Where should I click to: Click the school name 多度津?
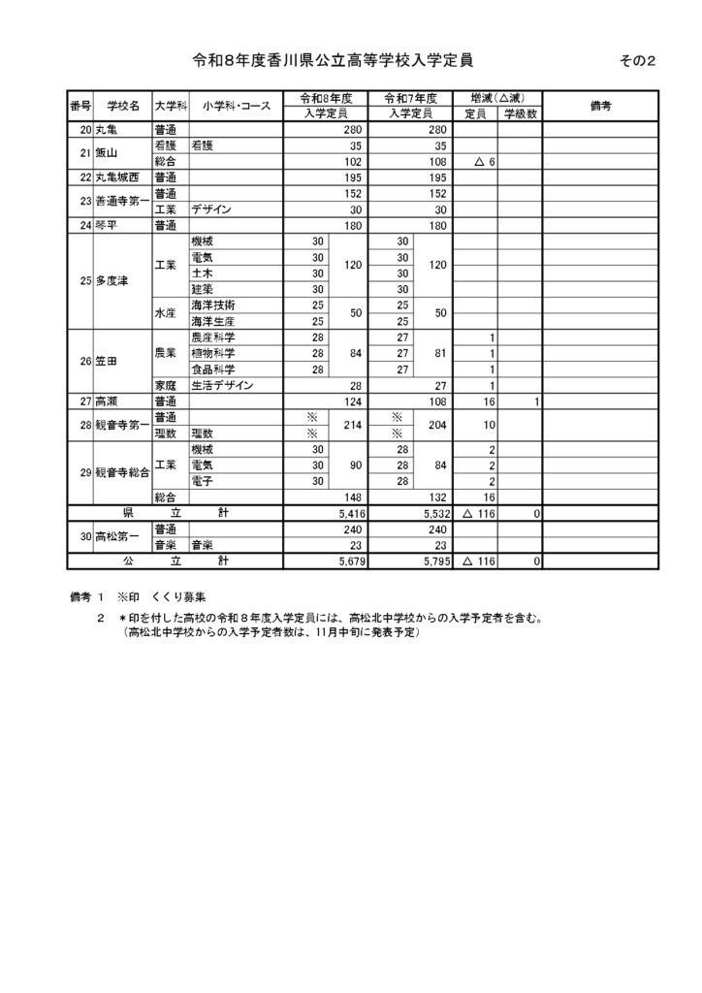pyautogui.click(x=112, y=281)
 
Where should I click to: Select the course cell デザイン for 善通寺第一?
pyautogui.click(x=211, y=209)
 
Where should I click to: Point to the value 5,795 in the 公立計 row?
pyautogui.click(x=431, y=561)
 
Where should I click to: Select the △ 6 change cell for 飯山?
pyautogui.click(x=485, y=162)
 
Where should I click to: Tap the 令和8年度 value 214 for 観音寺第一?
pyautogui.click(x=352, y=424)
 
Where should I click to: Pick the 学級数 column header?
pyautogui.click(x=520, y=114)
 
